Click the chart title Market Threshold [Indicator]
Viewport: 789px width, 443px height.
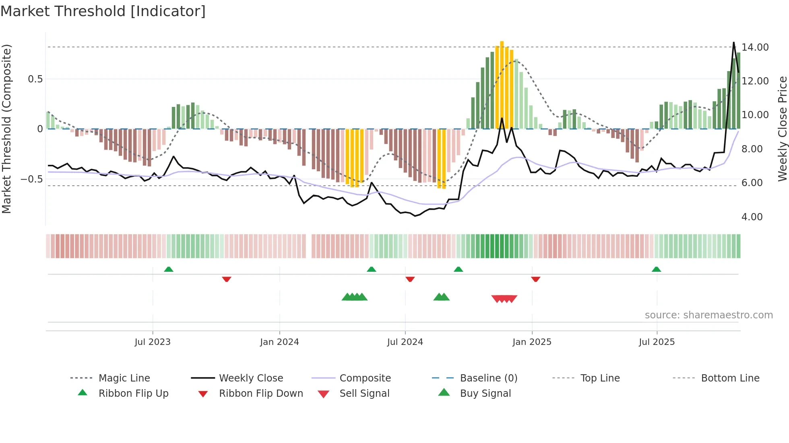point(103,11)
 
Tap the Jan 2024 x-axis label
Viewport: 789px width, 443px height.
point(279,342)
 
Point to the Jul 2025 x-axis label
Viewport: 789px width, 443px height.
point(657,342)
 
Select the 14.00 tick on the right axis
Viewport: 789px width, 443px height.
point(755,47)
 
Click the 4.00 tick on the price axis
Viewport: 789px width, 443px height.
point(752,217)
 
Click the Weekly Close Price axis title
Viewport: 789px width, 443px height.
point(782,129)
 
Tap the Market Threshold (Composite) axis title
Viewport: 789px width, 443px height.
point(6,129)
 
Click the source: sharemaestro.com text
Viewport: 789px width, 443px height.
point(708,315)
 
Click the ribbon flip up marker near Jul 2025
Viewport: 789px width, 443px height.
point(656,269)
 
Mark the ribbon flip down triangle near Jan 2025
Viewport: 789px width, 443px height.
point(535,279)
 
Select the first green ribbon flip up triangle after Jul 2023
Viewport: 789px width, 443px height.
point(169,269)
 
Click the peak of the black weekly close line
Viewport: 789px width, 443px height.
point(733,43)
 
